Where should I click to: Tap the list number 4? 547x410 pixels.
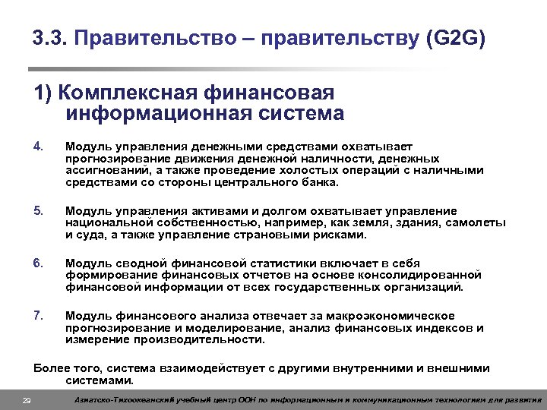point(39,145)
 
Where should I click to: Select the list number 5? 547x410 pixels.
point(39,210)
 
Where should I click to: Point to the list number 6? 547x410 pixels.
point(39,263)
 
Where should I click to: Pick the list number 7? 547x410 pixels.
point(39,315)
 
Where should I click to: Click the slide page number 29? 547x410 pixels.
point(27,400)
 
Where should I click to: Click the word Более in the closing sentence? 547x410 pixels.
point(52,368)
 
